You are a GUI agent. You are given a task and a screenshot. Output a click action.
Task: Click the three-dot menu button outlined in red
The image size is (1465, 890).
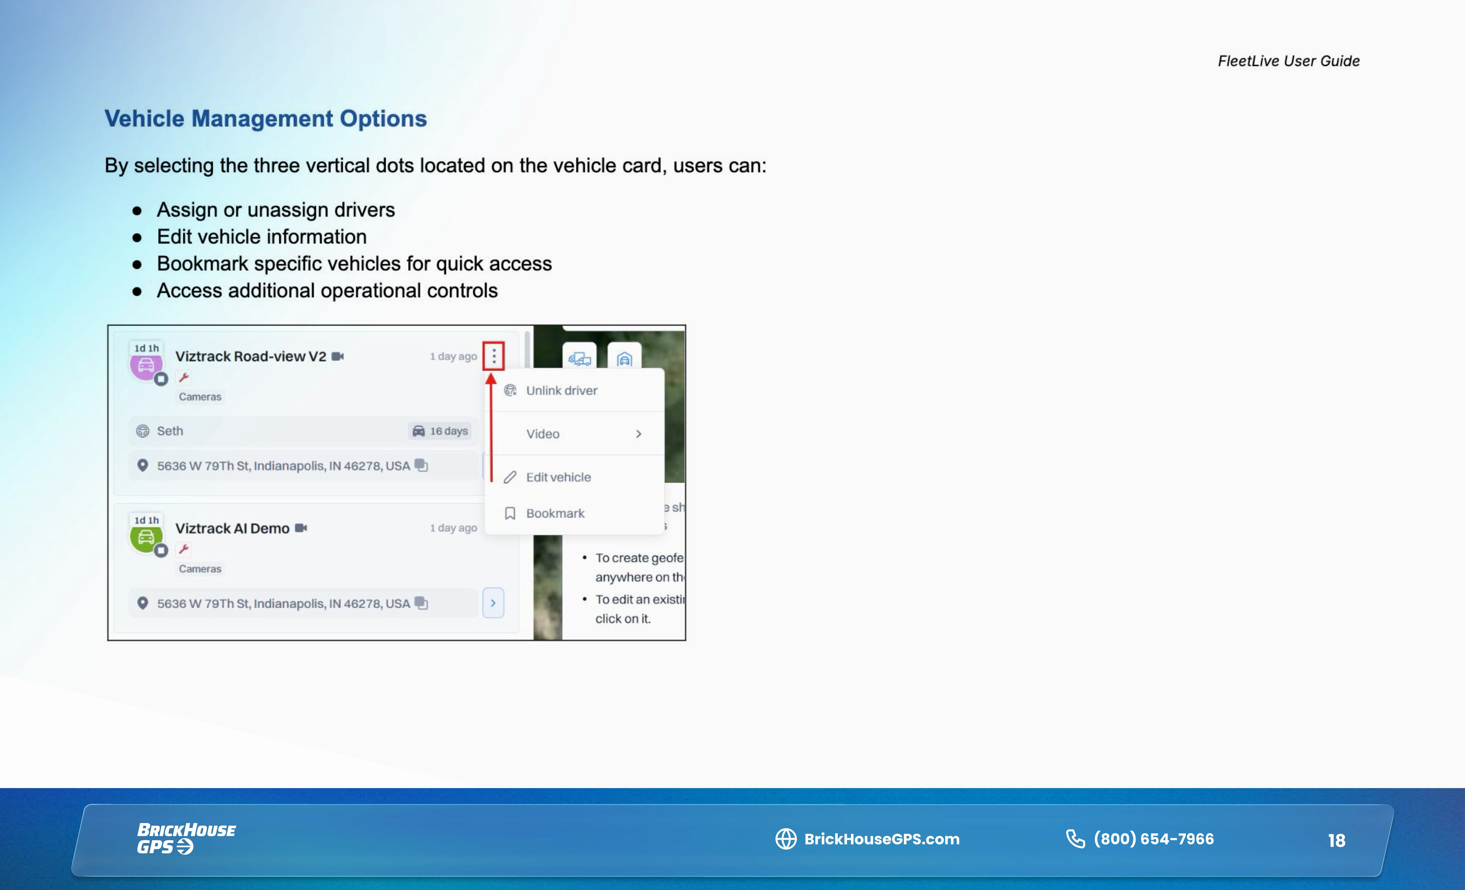click(494, 356)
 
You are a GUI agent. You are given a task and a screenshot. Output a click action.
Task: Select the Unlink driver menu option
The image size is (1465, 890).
click(561, 390)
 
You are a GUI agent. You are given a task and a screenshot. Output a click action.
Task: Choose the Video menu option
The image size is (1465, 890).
click(542, 434)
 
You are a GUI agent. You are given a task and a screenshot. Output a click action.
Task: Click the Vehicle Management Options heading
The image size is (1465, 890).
click(266, 118)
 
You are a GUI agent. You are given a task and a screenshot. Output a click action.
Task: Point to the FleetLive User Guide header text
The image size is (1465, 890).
click(1289, 61)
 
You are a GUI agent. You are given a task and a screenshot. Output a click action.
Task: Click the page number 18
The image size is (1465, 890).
click(1337, 840)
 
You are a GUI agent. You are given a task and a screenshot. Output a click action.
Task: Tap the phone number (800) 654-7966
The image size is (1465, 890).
click(1154, 839)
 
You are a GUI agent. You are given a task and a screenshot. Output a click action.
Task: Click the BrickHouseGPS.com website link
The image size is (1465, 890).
click(882, 839)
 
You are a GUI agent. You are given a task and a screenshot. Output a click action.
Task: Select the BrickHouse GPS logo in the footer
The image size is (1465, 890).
click(186, 838)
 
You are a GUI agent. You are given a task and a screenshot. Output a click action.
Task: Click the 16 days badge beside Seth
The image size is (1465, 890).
click(441, 431)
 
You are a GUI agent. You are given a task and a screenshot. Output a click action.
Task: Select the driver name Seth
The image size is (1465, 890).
click(170, 431)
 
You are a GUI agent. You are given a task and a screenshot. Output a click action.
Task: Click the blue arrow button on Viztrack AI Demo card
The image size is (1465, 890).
click(493, 603)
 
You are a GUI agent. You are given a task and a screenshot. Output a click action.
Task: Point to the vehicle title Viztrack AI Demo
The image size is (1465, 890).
click(232, 528)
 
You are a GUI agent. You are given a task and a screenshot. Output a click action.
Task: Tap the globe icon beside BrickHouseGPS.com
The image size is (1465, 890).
click(785, 839)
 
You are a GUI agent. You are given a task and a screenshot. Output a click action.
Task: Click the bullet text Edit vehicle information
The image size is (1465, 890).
click(262, 237)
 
